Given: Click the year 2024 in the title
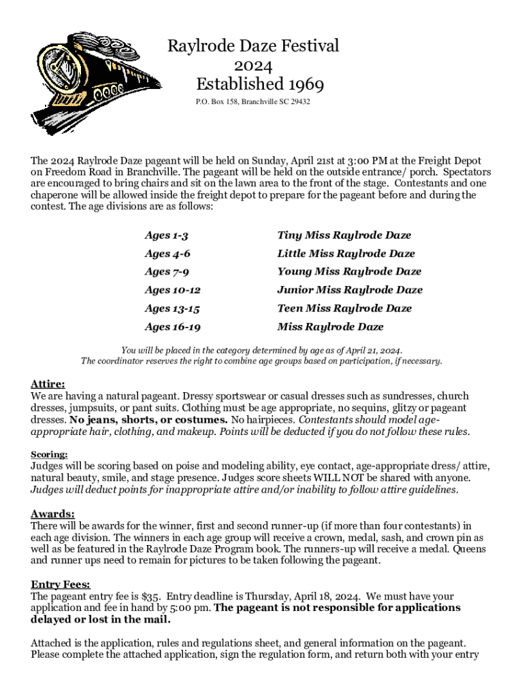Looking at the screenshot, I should (x=253, y=66).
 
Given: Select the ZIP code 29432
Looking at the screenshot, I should (x=297, y=102).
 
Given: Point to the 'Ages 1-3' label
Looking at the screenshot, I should (x=166, y=235).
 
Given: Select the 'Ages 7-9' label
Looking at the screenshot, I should (x=167, y=271).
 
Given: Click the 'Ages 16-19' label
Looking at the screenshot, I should (x=172, y=326).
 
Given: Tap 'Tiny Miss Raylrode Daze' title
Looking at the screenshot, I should (x=344, y=235).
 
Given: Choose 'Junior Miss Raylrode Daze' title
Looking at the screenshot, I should (x=350, y=290).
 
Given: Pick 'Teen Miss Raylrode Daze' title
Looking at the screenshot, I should (x=344, y=308).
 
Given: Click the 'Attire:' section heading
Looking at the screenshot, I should (x=48, y=383).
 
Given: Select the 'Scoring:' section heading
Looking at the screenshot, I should (x=49, y=454).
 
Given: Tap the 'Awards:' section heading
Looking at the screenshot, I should (x=52, y=513).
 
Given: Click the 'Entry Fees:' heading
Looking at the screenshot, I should (x=61, y=584).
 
